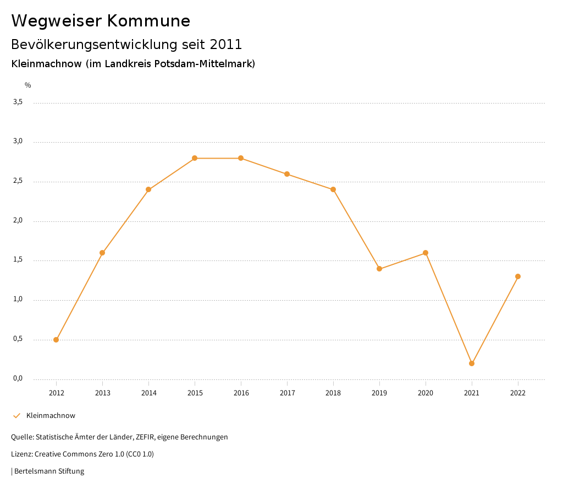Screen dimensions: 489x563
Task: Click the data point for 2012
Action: click(x=56, y=340)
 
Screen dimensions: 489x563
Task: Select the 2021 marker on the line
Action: click(x=472, y=363)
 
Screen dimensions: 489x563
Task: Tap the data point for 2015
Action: click(x=195, y=158)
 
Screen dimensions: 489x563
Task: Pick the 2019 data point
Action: click(x=379, y=269)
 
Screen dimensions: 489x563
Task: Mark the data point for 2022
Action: click(x=518, y=276)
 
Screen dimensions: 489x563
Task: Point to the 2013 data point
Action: click(x=102, y=253)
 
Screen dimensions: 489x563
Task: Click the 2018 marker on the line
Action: click(x=333, y=189)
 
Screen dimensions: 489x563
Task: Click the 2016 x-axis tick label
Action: click(x=241, y=393)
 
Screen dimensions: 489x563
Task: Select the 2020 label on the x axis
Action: click(x=426, y=393)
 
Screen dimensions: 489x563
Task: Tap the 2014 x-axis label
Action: click(x=148, y=393)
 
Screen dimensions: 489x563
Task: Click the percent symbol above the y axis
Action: click(x=28, y=85)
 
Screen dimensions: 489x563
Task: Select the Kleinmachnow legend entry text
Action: click(x=51, y=416)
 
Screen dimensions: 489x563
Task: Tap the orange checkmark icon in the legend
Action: click(x=16, y=416)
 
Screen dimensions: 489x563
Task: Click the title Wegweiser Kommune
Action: click(x=101, y=21)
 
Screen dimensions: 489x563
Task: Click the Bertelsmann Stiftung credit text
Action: click(x=49, y=471)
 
